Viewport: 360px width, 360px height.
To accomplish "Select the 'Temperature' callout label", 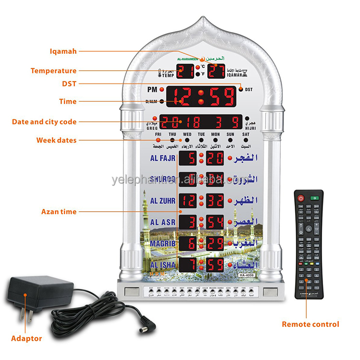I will coord(53,71).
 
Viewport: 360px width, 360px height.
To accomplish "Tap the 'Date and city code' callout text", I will coord(44,122).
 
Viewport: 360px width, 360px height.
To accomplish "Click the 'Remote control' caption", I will coord(310,324).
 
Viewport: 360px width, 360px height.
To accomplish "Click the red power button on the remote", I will coord(301,198).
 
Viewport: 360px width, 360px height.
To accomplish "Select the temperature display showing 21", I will coord(185,71).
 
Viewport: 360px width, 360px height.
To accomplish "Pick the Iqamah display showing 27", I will coord(216,71).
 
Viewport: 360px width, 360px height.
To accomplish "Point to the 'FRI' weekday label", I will coord(158,135).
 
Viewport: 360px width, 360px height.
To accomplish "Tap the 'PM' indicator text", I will coord(153,90).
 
